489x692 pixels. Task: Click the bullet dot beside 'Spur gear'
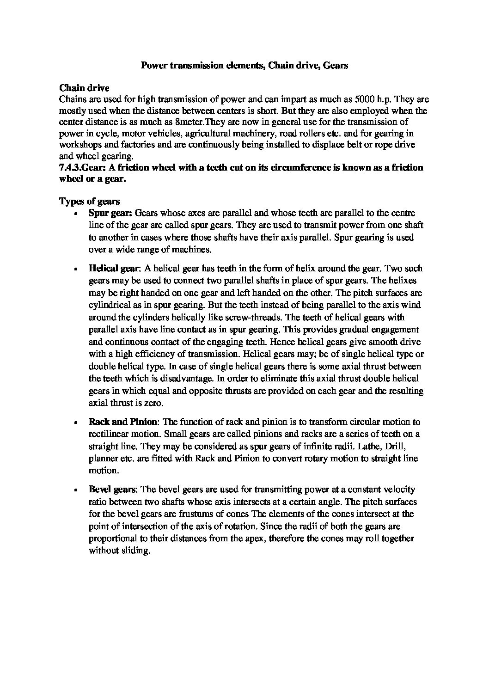pyautogui.click(x=75, y=214)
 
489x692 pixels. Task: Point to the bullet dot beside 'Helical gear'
pyautogui.click(x=75, y=269)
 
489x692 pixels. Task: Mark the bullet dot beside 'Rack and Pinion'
pyautogui.click(x=75, y=423)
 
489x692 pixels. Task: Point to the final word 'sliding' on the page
pyautogui.click(x=136, y=551)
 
